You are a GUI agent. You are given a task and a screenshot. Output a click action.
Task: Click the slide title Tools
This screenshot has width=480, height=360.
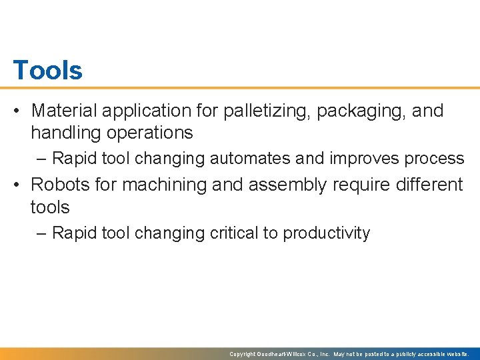(x=47, y=70)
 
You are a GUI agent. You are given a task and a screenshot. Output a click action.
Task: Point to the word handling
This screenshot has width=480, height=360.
(x=62, y=133)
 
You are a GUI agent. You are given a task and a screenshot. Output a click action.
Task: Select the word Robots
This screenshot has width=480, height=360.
(x=61, y=184)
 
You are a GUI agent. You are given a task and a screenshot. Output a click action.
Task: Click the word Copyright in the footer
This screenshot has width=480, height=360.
(x=243, y=354)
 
